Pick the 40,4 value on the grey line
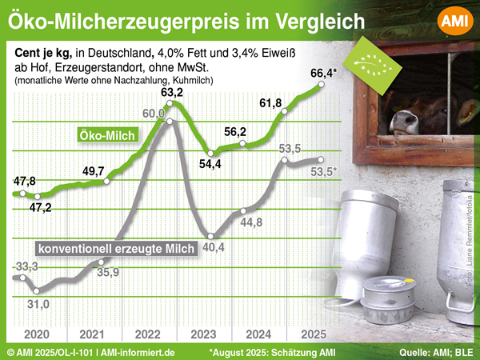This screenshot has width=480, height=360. click(x=212, y=247)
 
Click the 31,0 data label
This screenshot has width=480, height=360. click(x=38, y=304)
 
